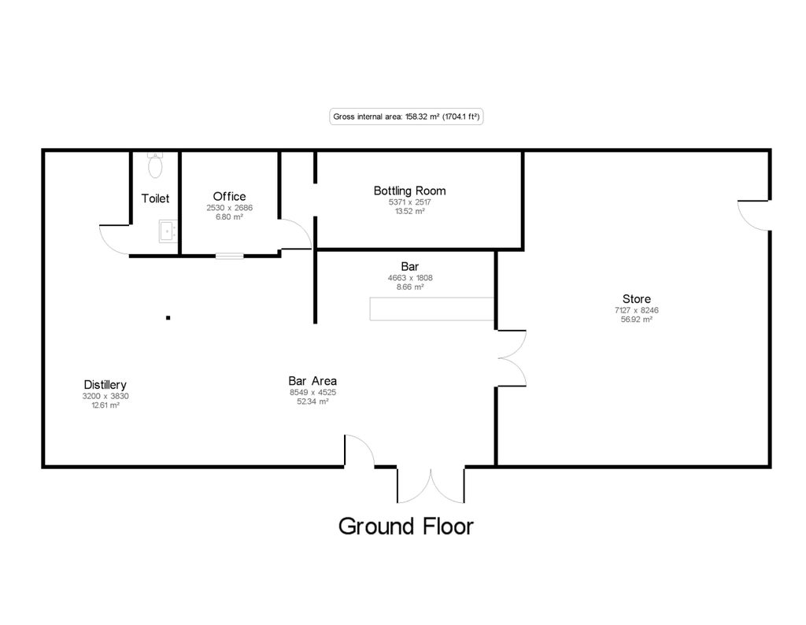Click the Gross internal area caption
click(406, 116)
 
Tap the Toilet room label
click(155, 198)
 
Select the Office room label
click(229, 196)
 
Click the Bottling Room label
click(409, 190)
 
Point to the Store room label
click(636, 299)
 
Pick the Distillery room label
click(105, 385)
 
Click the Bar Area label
click(312, 381)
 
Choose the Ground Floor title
click(406, 526)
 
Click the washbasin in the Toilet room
click(167, 231)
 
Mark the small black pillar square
click(168, 318)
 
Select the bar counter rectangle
click(431, 309)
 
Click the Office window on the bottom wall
click(230, 255)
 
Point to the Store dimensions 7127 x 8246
click(636, 310)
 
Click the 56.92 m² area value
click(636, 320)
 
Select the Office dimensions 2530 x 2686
click(230, 208)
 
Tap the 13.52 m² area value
click(409, 211)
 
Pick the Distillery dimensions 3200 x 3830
click(105, 396)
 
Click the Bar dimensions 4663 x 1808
click(410, 278)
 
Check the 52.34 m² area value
click(312, 401)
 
